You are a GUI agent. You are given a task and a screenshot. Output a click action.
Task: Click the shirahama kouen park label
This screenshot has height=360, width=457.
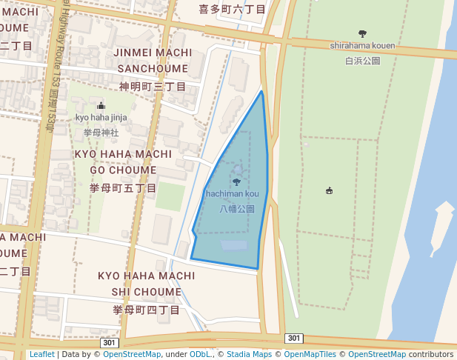point(362,46)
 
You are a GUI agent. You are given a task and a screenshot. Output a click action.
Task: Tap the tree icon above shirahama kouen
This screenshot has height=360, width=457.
point(362,33)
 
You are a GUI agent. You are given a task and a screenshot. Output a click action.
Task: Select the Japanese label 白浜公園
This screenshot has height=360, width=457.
point(362,61)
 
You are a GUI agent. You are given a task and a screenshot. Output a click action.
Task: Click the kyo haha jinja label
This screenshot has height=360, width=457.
point(101,117)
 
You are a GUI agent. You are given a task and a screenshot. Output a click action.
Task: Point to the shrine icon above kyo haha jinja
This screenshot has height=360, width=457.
point(101,105)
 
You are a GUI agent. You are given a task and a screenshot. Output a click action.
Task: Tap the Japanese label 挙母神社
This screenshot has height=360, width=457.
point(101,132)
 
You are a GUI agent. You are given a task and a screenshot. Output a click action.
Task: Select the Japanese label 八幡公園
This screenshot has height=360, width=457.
point(237,209)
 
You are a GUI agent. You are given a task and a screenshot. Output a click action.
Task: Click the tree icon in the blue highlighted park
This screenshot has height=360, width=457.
point(236,182)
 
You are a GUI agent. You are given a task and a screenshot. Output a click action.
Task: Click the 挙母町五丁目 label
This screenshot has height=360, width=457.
point(123,188)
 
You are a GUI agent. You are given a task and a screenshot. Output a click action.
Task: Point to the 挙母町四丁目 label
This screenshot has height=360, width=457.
point(146,310)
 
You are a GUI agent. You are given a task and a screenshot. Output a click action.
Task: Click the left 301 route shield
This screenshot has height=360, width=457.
point(109,343)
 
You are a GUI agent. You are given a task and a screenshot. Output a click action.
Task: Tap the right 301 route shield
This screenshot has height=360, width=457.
point(294,339)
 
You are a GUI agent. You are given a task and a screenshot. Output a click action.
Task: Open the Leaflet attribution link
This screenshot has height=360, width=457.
point(41,355)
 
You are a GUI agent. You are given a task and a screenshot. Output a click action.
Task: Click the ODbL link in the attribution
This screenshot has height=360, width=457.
point(200,355)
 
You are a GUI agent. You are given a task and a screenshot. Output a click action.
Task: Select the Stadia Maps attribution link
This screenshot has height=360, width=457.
point(249,355)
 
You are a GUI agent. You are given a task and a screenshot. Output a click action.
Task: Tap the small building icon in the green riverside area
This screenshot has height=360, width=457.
point(329,191)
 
